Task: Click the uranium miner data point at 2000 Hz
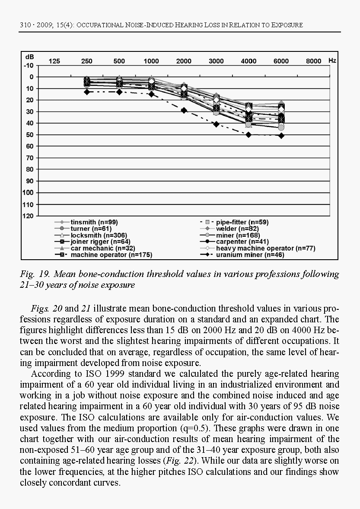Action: coord(184,111)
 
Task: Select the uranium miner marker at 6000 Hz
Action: coord(281,136)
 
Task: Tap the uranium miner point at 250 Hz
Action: coord(87,92)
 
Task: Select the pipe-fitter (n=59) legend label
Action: coord(242,222)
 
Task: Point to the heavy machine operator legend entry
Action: coord(265,248)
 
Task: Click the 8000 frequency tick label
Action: coord(314,61)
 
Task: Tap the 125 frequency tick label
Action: coord(54,61)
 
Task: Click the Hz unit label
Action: coord(332,60)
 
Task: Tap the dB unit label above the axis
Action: coord(29,57)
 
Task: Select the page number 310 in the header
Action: coord(25,25)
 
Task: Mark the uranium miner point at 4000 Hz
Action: coord(249,135)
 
